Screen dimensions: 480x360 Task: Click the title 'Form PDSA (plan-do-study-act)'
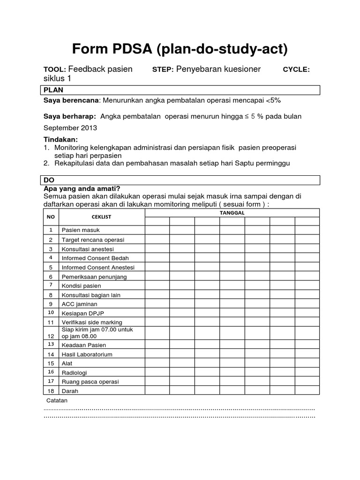180,49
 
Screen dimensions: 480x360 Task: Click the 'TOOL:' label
55,69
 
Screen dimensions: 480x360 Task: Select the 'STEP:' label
163,69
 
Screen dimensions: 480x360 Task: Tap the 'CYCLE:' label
296,69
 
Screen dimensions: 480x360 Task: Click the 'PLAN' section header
53,90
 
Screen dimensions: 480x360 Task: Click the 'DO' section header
49,180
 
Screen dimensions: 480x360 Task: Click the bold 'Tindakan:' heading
61,140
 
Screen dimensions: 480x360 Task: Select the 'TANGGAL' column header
232,213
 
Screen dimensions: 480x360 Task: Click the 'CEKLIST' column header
101,217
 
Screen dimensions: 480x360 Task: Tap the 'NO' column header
51,217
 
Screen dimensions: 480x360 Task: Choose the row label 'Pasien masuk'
81,230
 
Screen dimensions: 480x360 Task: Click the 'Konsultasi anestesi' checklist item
88,249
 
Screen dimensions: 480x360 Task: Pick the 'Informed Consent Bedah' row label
95,258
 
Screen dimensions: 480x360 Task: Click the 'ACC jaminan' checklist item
80,304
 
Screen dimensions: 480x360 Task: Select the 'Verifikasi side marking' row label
92,322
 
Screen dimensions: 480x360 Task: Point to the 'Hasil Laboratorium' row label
87,354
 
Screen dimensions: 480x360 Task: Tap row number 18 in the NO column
51,391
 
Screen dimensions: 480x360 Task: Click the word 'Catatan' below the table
57,400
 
